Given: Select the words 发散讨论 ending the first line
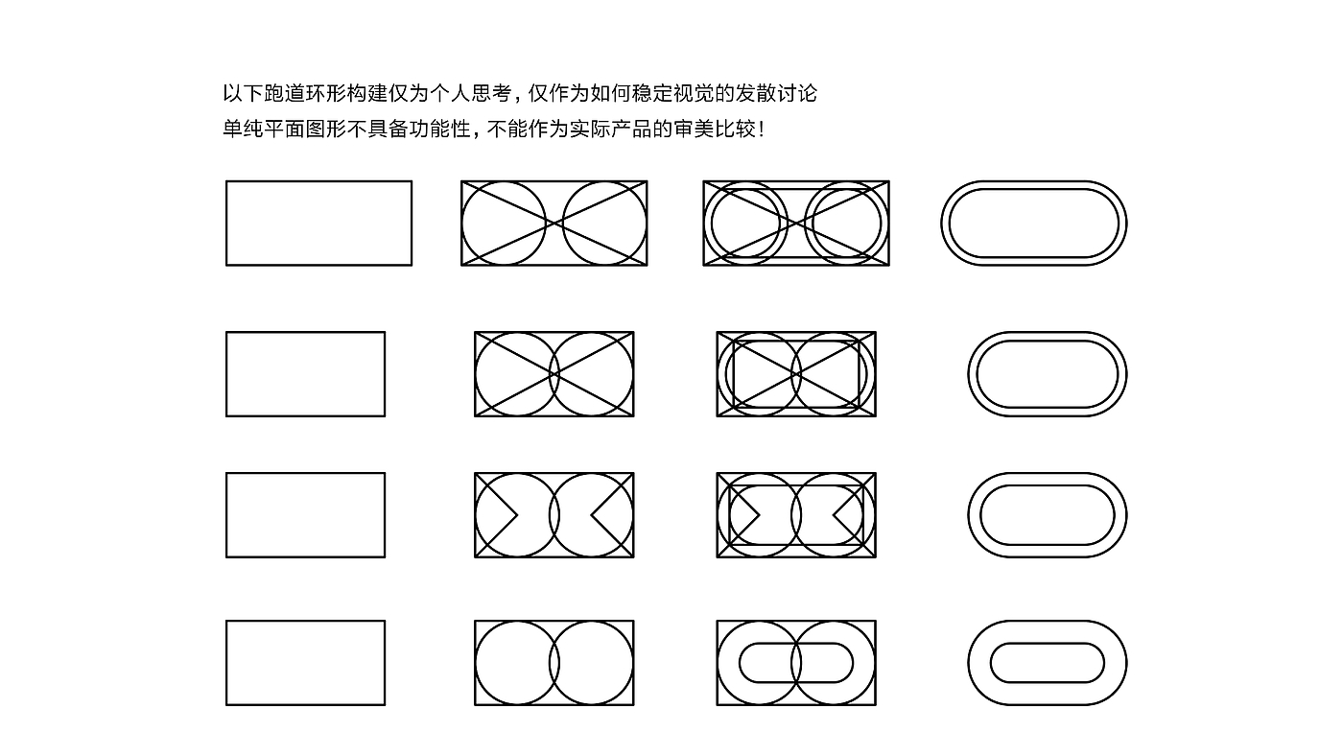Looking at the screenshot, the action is (x=774, y=94).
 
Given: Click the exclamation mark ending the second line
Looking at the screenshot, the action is (x=762, y=130).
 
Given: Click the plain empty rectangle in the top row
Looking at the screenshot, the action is (x=318, y=223).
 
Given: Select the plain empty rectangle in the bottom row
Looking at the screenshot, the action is (x=305, y=663).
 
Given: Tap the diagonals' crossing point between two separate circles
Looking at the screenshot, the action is (x=554, y=224).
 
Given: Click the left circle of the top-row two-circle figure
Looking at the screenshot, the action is (x=504, y=224).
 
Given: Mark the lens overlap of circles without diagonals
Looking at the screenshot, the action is (x=554, y=663).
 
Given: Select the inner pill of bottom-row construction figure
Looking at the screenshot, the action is (x=796, y=645).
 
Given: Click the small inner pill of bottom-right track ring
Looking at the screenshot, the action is (x=1048, y=645).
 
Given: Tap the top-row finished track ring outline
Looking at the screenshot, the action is (x=1034, y=184).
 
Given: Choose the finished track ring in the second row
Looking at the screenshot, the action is (x=1048, y=336).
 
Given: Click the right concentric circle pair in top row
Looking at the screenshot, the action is (x=843, y=224).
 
